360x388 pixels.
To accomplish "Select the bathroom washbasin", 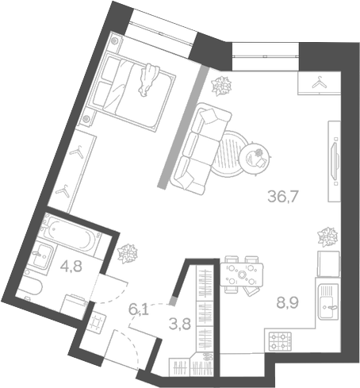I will [41, 255].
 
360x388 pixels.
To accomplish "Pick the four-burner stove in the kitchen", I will [281, 341].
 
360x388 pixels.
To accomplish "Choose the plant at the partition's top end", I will [222, 84].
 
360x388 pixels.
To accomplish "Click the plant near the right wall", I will [326, 236].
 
